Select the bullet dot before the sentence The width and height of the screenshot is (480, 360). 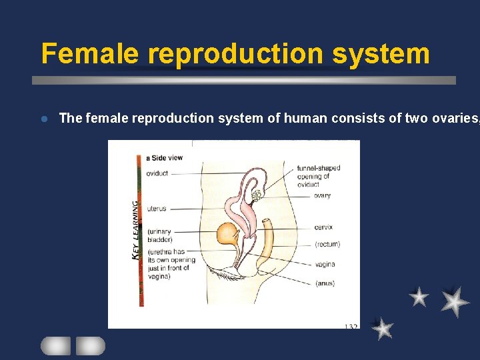[x=43, y=119]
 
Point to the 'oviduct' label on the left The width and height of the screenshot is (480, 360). [x=157, y=173]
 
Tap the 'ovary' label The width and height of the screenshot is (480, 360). [x=322, y=195]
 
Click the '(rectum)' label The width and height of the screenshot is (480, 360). [x=327, y=244]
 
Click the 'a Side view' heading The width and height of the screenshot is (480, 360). [x=164, y=157]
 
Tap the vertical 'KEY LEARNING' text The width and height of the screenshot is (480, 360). [x=137, y=229]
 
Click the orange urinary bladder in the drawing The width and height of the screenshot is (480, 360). [x=229, y=235]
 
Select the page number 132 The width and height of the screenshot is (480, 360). [x=351, y=326]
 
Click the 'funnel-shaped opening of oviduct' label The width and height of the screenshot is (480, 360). [x=318, y=176]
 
